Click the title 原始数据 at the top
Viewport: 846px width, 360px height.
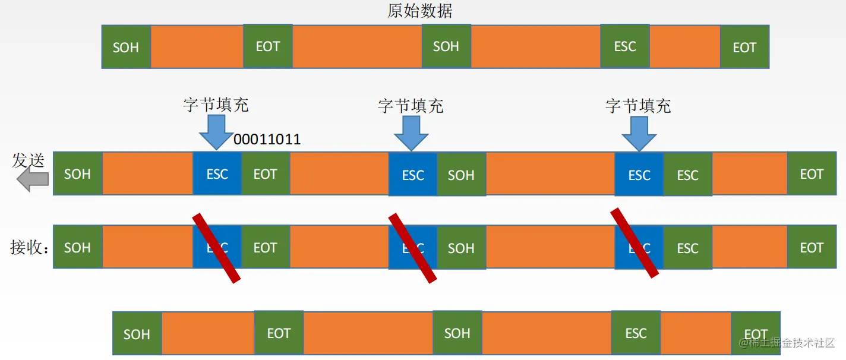[x=419, y=11]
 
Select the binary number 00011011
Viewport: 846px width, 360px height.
[x=267, y=140]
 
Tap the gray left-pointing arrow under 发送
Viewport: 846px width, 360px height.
[x=32, y=179]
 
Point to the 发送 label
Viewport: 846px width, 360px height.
[x=29, y=160]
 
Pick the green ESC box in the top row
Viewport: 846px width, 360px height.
[x=625, y=46]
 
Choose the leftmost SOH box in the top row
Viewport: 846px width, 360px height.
[x=126, y=47]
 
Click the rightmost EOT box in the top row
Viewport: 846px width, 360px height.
[x=744, y=48]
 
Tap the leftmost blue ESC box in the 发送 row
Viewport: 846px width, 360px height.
[x=217, y=174]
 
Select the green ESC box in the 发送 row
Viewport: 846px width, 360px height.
[x=688, y=175]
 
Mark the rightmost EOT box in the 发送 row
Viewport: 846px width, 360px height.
[x=812, y=174]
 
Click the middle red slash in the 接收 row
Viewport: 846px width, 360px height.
[x=412, y=248]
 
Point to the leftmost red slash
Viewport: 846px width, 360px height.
[x=216, y=248]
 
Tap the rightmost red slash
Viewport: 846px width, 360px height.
[x=635, y=243]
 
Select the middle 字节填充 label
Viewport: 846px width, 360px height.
[x=411, y=106]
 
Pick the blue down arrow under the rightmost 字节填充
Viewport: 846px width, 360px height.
[x=639, y=133]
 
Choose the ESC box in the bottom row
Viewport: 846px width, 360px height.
[x=636, y=333]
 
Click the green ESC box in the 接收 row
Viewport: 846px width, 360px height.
[x=688, y=248]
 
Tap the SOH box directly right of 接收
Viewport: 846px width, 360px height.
[x=78, y=248]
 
